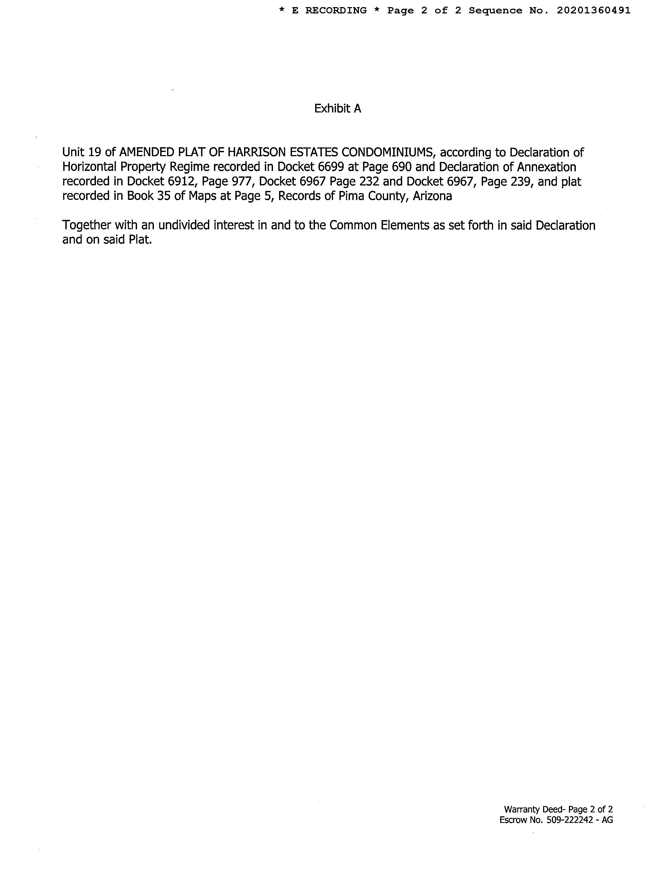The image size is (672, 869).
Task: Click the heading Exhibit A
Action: point(338,108)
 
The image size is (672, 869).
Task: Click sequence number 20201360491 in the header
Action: point(593,11)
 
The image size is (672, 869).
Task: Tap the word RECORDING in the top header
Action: point(336,11)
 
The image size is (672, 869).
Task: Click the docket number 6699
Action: point(330,167)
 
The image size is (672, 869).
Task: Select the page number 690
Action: point(401,167)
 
